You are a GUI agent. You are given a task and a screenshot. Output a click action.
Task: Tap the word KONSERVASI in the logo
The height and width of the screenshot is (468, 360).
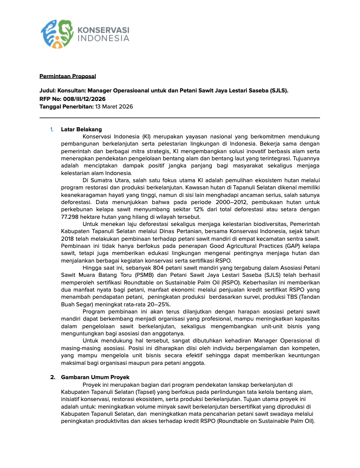[x=104, y=29]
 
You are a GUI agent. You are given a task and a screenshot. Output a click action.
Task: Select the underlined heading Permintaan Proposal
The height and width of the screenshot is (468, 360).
[x=68, y=76]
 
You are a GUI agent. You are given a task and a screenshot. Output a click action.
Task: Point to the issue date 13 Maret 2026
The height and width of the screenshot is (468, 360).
[x=114, y=107]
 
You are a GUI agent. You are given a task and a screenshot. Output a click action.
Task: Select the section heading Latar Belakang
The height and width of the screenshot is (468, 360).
[x=81, y=130]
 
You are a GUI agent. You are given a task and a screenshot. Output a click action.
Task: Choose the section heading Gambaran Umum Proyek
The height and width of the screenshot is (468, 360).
[x=95, y=377]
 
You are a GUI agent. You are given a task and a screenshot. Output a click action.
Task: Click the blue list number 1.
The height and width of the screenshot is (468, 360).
[x=52, y=130]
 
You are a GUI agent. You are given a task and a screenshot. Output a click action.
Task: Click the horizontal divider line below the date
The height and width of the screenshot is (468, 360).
[x=180, y=118]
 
